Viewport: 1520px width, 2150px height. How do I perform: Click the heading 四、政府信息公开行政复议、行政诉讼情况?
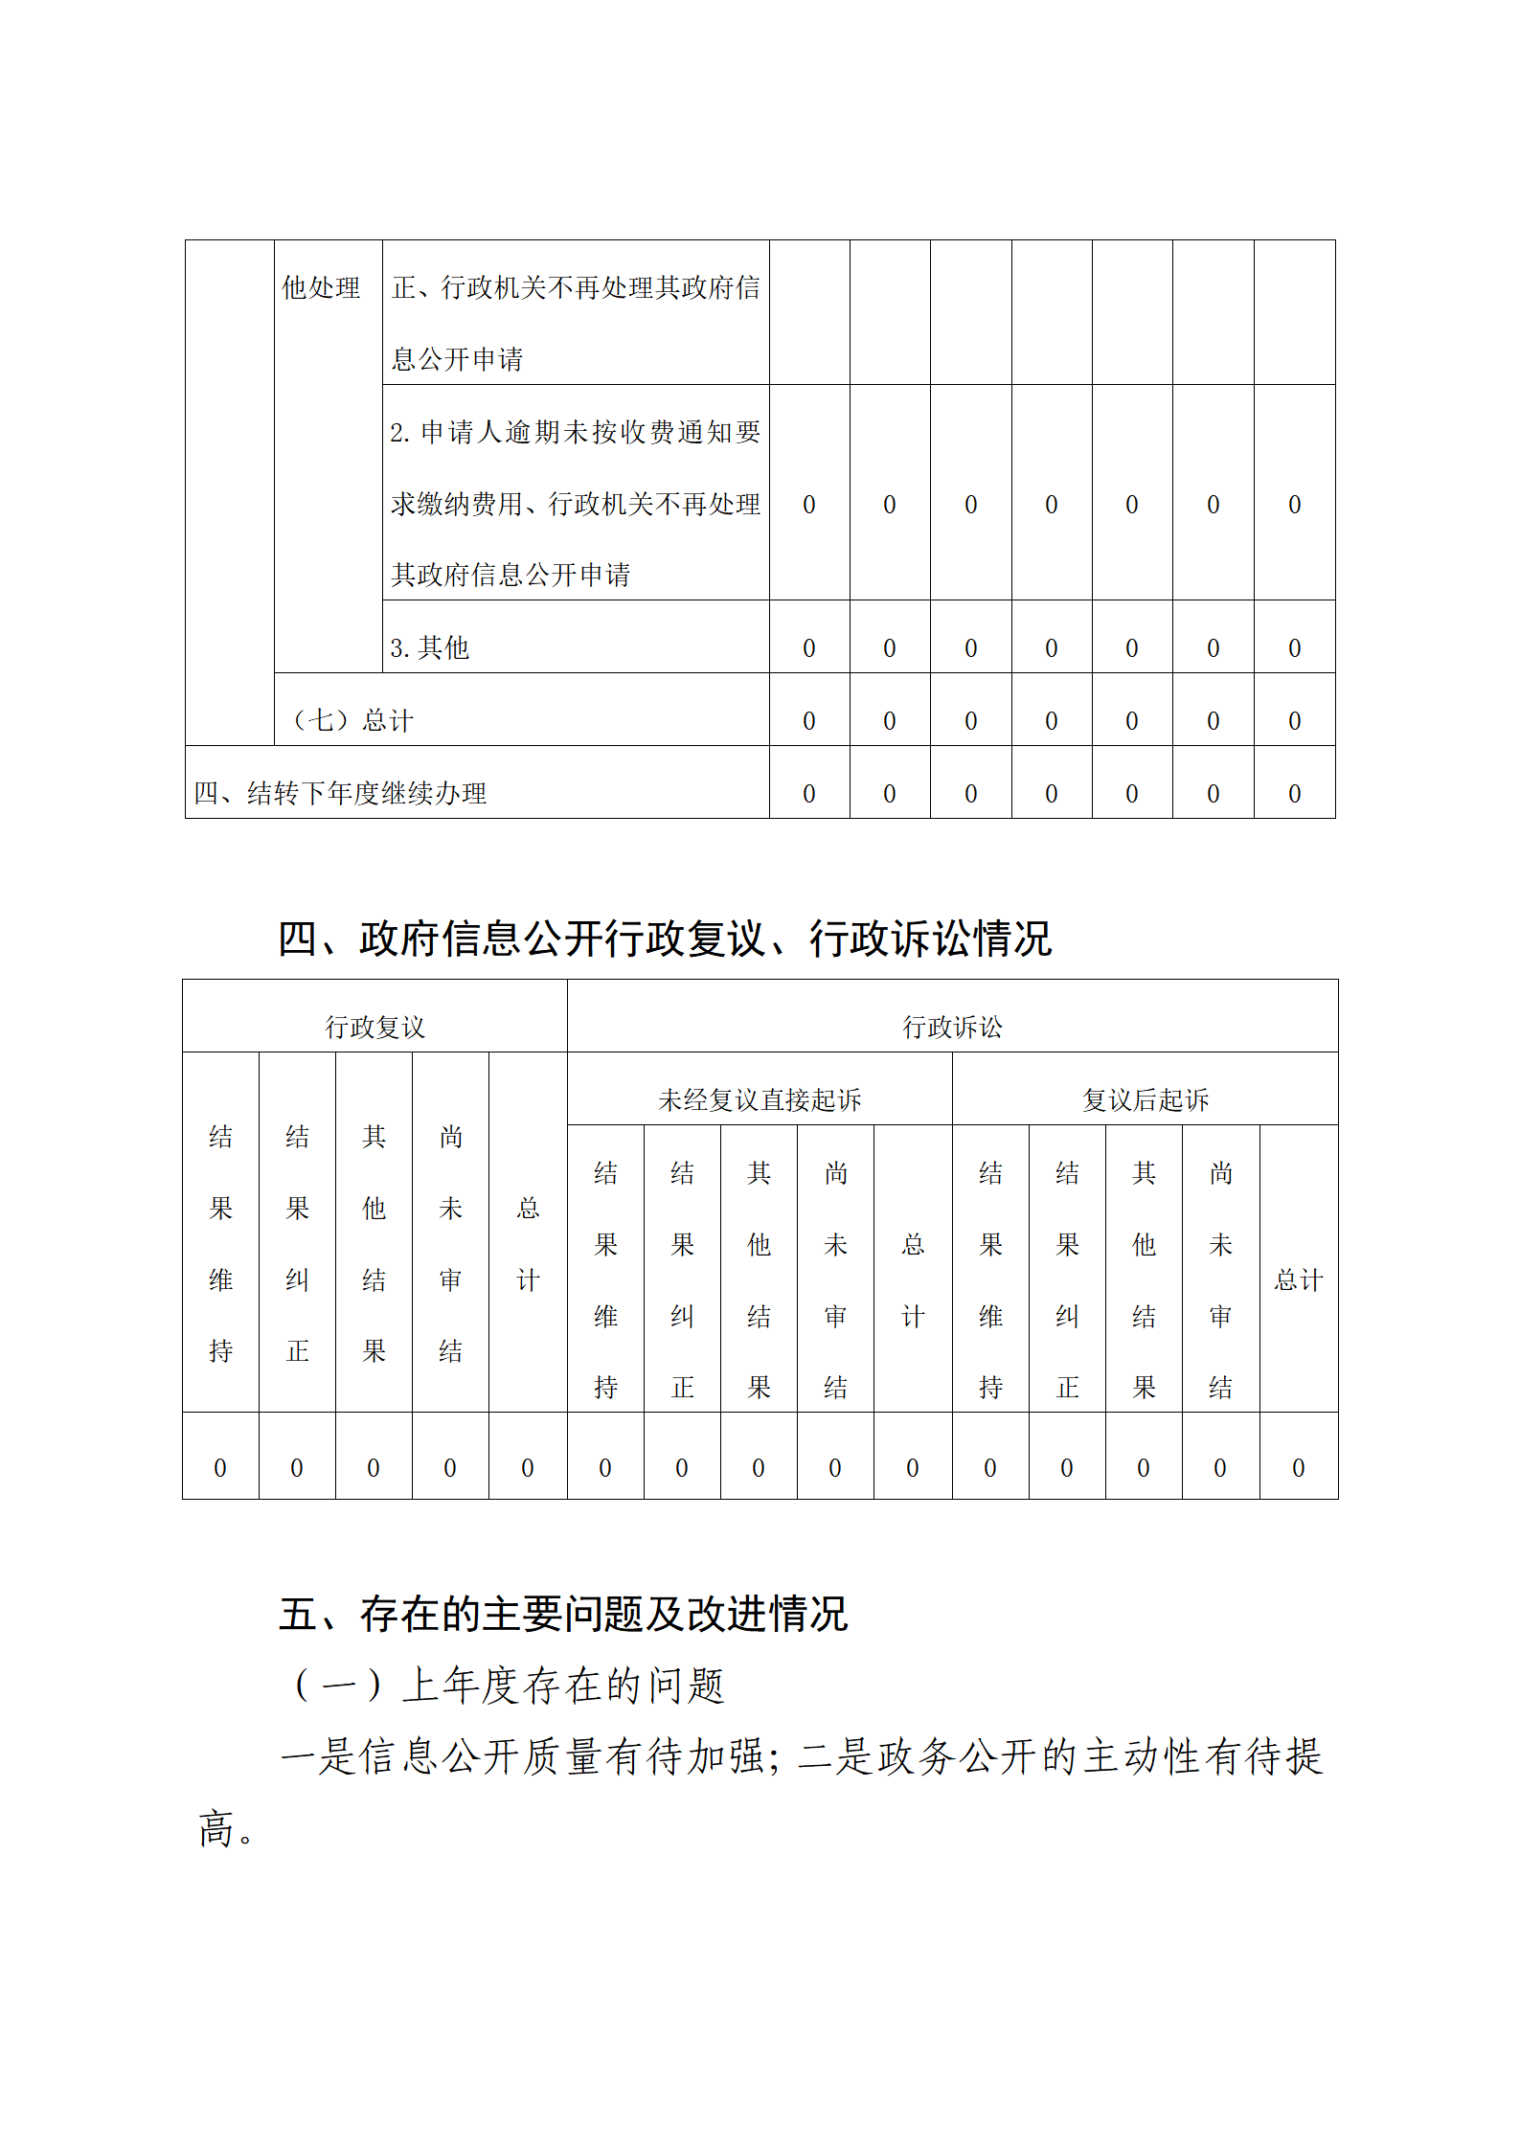[665, 939]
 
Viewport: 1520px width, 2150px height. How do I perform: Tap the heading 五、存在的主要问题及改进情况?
[563, 1614]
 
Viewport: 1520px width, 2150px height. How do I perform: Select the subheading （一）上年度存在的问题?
[508, 1686]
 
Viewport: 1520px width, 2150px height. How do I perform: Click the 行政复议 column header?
[374, 1028]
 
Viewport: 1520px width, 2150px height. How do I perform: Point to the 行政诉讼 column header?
[952, 1028]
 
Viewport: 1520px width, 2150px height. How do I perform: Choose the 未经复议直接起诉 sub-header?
[760, 1099]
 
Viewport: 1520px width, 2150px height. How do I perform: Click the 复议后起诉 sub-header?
[1146, 1099]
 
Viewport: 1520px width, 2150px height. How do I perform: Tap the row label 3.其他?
[429, 648]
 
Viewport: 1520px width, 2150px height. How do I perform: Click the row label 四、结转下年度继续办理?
[340, 793]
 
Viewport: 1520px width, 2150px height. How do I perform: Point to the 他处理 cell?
[321, 287]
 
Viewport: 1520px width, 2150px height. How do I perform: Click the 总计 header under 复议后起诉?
[1298, 1280]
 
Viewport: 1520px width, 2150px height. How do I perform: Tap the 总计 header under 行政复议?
[528, 1244]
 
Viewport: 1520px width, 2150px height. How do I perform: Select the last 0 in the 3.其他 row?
[1294, 648]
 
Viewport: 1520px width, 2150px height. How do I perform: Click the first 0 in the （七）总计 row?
[809, 721]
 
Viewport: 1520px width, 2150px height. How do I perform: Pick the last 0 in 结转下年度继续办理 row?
[1294, 794]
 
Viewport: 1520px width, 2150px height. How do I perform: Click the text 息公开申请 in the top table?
[457, 359]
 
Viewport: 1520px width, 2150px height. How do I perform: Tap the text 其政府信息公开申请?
[510, 575]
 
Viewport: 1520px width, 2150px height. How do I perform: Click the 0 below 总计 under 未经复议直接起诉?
[913, 1468]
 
